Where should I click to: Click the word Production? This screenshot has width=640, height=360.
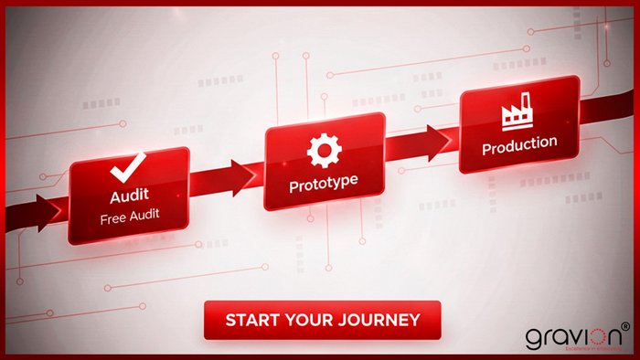pos(518,144)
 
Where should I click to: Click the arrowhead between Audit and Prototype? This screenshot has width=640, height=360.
pos(244,173)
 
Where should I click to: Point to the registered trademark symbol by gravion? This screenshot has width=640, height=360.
pos(625,325)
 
